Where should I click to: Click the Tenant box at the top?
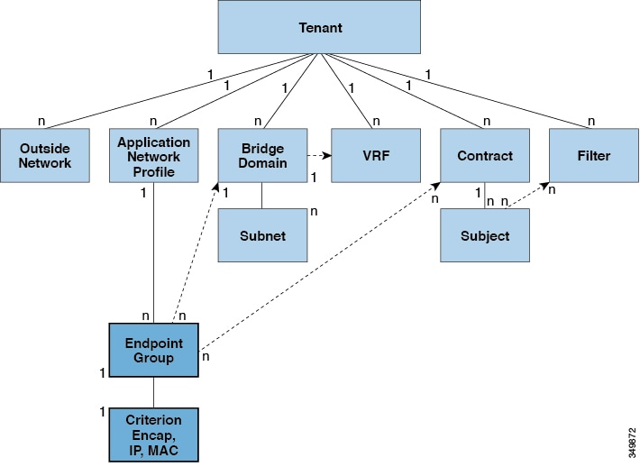coord(319,27)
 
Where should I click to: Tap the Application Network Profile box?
coord(153,155)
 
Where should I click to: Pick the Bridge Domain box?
coord(262,155)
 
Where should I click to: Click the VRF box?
coord(375,155)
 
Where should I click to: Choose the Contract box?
coord(485,155)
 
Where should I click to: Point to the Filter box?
coord(593,155)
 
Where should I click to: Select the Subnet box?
coord(262,235)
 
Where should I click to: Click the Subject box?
coord(485,235)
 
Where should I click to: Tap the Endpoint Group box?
coord(152,351)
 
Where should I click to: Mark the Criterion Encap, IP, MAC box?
coord(152,435)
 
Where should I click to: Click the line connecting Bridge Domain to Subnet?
coord(262,196)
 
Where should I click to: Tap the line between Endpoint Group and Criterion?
coord(153,393)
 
